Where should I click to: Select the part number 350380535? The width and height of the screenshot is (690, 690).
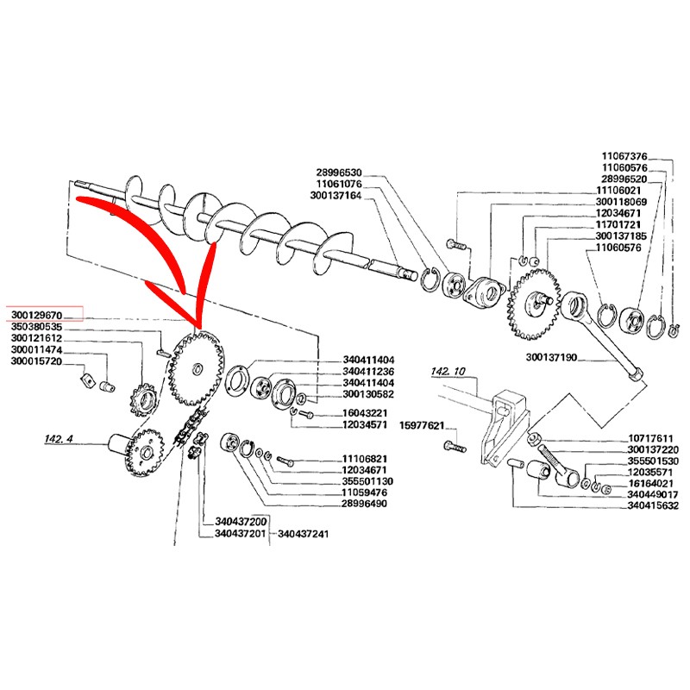coord(37,327)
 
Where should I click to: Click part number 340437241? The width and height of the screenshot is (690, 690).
coord(304,534)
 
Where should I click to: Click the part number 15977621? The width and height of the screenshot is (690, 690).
coord(421,425)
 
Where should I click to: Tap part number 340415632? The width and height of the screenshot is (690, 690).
coord(655,506)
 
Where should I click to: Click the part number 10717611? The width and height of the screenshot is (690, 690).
coord(655,438)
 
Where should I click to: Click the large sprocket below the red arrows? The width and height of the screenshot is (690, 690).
coord(198,367)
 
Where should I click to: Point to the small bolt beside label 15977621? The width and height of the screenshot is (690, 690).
coord(452,446)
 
